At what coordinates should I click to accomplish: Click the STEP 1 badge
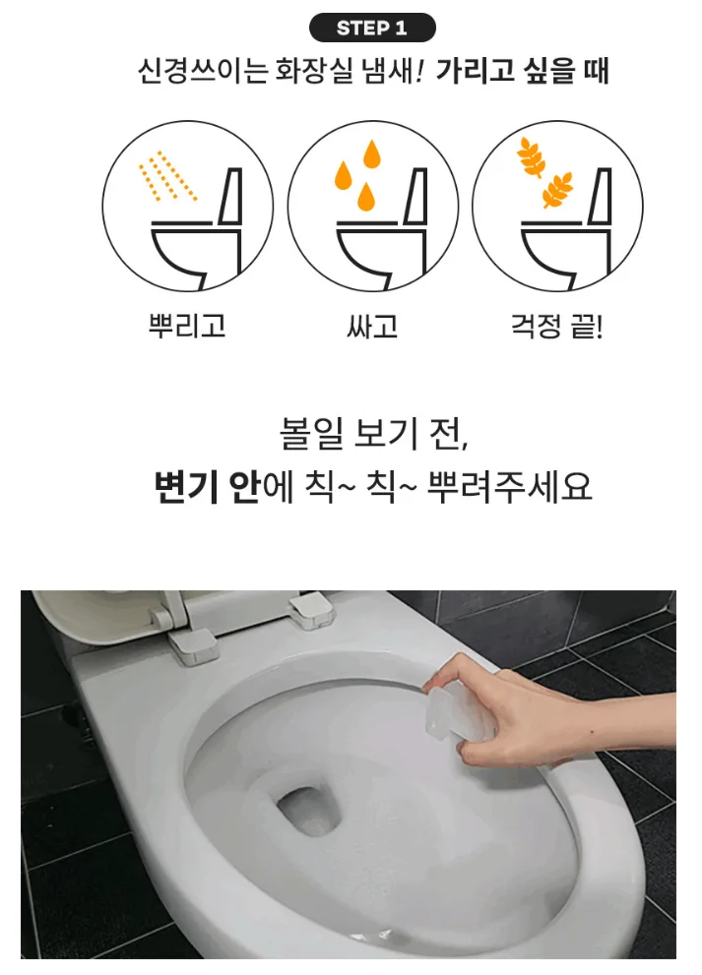pyautogui.click(x=372, y=28)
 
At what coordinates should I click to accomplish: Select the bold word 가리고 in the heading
pyautogui.click(x=475, y=70)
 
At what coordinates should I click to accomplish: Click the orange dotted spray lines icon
pyautogui.click(x=166, y=175)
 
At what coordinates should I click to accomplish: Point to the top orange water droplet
pyautogui.click(x=371, y=153)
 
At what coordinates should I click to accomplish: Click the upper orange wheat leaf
pyautogui.click(x=531, y=155)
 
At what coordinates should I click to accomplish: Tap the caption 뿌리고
pyautogui.click(x=187, y=326)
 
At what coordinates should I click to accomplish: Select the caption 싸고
pyautogui.click(x=372, y=326)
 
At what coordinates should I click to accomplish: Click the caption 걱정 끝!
pyautogui.click(x=556, y=326)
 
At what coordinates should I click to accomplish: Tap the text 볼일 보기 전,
pyautogui.click(x=373, y=434)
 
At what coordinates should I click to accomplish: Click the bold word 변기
pyautogui.click(x=185, y=487)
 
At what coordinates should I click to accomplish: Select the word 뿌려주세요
pyautogui.click(x=509, y=487)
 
